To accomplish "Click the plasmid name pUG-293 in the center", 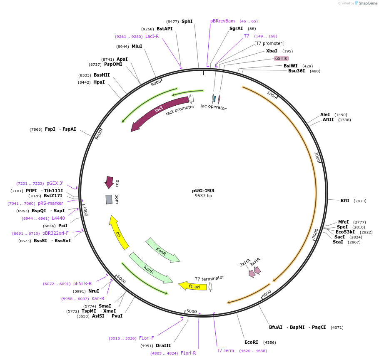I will click(x=203, y=191).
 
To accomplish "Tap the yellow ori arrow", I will click(x=118, y=233).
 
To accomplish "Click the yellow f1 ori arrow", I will click(x=194, y=286).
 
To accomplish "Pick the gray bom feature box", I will click(x=109, y=199).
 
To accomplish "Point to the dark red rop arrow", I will click(x=109, y=182).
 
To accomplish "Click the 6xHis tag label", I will click(x=281, y=58).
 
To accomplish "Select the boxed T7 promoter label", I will click(x=269, y=44).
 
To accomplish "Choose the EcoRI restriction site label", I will click(x=251, y=342).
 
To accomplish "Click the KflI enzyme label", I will click(x=345, y=201).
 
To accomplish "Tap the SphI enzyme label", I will click(x=187, y=21).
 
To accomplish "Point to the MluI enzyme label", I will click(x=137, y=46).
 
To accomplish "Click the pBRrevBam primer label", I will click(x=222, y=21).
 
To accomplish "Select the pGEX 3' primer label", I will click(x=55, y=183).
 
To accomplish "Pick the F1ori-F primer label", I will click(x=147, y=338).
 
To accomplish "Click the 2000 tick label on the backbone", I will click(x=317, y=157).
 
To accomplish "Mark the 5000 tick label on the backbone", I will click(x=192, y=311).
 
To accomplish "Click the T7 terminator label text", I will click(x=209, y=278).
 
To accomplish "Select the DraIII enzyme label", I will click(x=163, y=345).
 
